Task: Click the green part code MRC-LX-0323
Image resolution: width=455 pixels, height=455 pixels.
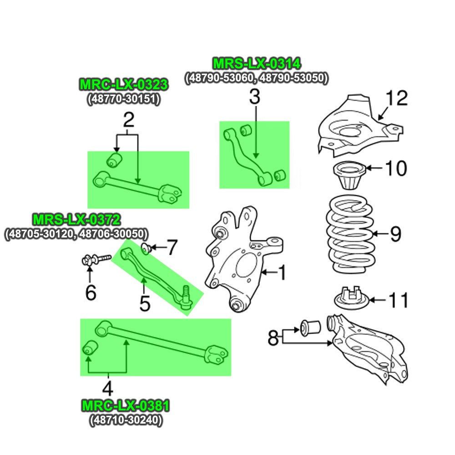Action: pyautogui.click(x=124, y=85)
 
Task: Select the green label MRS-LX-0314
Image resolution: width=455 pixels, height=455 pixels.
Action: pyautogui.click(x=257, y=64)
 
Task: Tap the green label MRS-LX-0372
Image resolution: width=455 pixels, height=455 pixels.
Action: pyautogui.click(x=76, y=220)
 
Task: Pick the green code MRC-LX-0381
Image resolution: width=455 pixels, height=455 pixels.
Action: pyautogui.click(x=126, y=405)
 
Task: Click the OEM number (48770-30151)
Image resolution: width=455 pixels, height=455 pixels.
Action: pyautogui.click(x=124, y=99)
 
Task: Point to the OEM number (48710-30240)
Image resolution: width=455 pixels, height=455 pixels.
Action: pyautogui.click(x=126, y=420)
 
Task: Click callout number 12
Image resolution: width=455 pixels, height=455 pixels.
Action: pyautogui.click(x=397, y=99)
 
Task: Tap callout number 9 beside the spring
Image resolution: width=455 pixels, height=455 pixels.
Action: pyautogui.click(x=395, y=234)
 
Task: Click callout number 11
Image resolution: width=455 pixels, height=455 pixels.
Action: pyautogui.click(x=398, y=300)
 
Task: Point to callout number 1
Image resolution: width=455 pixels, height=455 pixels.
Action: pyautogui.click(x=282, y=273)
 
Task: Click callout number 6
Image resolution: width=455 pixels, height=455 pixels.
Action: pyautogui.click(x=91, y=293)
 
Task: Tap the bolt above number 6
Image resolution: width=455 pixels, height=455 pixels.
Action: pyautogui.click(x=95, y=260)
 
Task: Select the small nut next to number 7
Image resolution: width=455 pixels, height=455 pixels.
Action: pyautogui.click(x=145, y=248)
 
